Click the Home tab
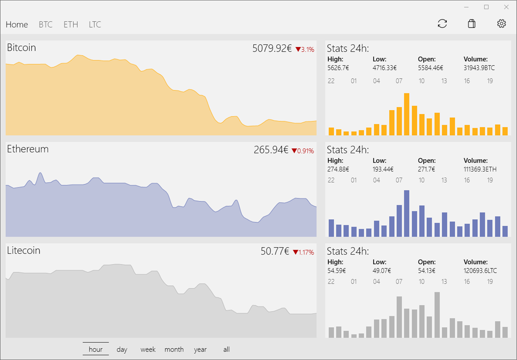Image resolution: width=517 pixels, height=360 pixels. [x=17, y=24]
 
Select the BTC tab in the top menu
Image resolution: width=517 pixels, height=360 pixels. [x=45, y=24]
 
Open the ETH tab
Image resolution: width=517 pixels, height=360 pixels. [x=71, y=24]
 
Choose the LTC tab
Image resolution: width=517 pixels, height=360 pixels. [x=95, y=24]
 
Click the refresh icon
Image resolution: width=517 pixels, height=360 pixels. [x=442, y=24]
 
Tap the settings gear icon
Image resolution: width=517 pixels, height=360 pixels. [x=501, y=24]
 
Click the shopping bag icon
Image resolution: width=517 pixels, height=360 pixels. [x=472, y=24]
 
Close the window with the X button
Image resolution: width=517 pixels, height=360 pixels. [x=506, y=7]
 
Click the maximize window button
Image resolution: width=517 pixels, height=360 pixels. [x=486, y=7]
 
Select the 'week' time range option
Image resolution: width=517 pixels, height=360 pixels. [x=148, y=349]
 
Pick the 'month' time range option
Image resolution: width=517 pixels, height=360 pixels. [x=174, y=349]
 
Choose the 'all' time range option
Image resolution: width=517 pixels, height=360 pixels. [x=226, y=349]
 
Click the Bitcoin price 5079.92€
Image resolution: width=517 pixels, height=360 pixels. [x=272, y=48]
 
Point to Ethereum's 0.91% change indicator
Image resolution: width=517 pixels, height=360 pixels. [x=303, y=151]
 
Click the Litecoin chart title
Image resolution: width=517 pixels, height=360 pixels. [x=24, y=250]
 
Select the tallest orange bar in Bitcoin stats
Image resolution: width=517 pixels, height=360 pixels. [x=407, y=114]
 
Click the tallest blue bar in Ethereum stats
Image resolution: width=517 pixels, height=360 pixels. [x=407, y=213]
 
